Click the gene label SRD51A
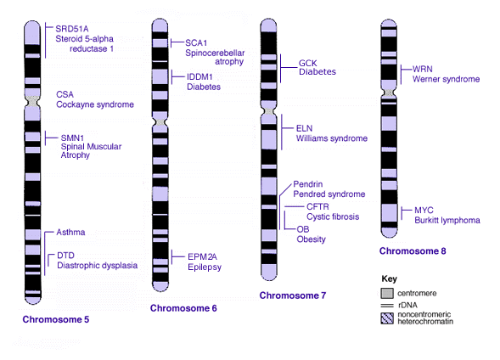coord(72,29)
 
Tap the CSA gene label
coord(65,94)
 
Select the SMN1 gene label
coord(72,138)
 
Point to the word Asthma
coord(70,232)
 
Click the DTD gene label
coord(65,256)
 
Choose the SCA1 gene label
coord(196,43)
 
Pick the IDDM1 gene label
coord(199,77)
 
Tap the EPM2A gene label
coord(202,256)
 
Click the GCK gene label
coord(307,63)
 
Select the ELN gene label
coord(304,128)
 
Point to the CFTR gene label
coord(317,206)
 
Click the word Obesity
coord(311,239)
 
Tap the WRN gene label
coord(423,69)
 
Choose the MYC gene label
coord(424,210)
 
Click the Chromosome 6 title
coord(183,308)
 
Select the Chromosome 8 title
coord(413,251)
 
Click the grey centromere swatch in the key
coord(387,293)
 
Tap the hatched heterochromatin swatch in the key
coord(387,318)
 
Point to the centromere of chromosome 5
coord(32,102)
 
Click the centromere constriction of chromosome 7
coord(269,112)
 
